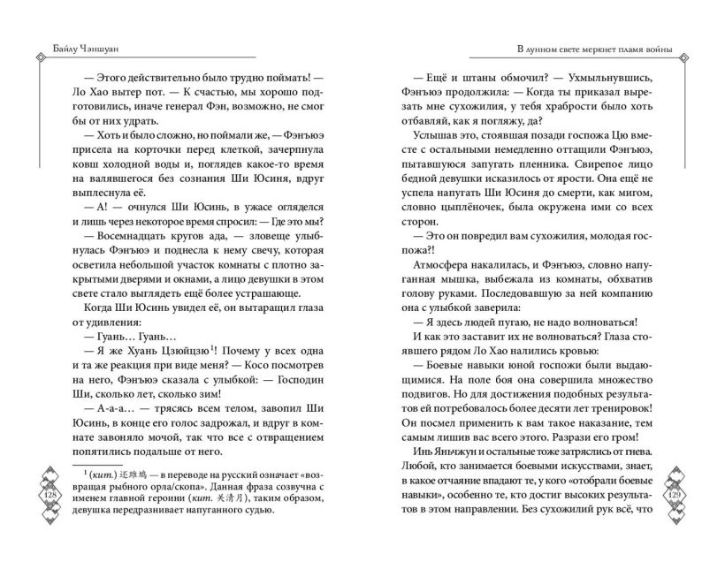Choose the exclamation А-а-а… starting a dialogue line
click(x=126, y=406)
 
